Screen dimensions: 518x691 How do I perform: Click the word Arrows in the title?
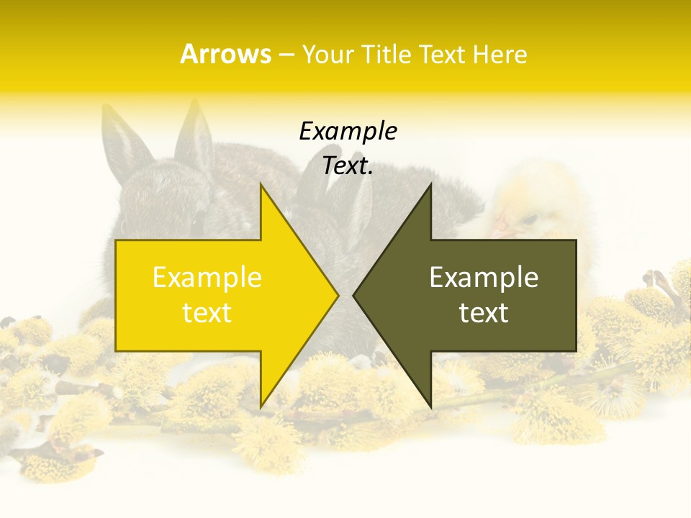(225, 54)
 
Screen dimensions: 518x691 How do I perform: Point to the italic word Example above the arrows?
(348, 132)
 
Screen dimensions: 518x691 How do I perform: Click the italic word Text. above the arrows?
(348, 166)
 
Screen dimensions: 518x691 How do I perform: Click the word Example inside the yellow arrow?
(207, 278)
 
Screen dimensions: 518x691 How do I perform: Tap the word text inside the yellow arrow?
(207, 313)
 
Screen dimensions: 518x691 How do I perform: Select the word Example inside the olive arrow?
(484, 278)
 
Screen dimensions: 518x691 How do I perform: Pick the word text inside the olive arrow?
(484, 313)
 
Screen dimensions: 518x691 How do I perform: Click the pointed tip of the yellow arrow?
(338, 295)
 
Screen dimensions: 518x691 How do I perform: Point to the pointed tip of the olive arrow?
(353, 295)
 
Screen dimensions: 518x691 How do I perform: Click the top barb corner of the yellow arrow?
(261, 184)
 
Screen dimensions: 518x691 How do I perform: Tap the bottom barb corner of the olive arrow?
(430, 408)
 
